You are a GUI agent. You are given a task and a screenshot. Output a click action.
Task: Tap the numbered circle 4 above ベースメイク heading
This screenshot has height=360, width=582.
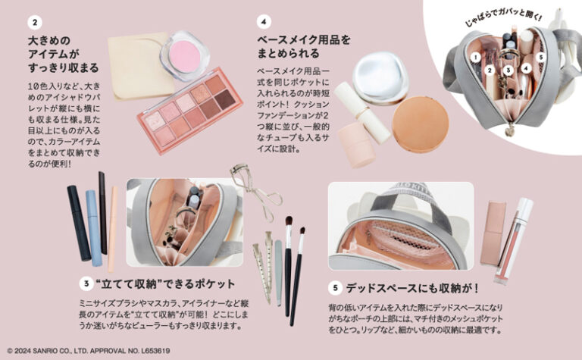coord(263,21)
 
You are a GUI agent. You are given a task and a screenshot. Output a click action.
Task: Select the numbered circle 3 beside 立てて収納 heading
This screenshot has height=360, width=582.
coord(87,283)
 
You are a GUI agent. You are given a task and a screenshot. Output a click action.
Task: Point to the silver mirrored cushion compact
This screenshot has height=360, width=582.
coord(381,77)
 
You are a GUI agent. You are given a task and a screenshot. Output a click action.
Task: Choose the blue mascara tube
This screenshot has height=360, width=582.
coord(92,228)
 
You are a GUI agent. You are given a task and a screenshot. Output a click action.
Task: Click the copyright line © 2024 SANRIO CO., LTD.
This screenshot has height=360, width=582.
coord(88,351)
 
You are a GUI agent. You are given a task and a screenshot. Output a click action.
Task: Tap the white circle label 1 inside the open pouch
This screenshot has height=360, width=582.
coord(474,56)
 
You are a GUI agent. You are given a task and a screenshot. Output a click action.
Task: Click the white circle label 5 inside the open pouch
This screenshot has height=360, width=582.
coord(541,56)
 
